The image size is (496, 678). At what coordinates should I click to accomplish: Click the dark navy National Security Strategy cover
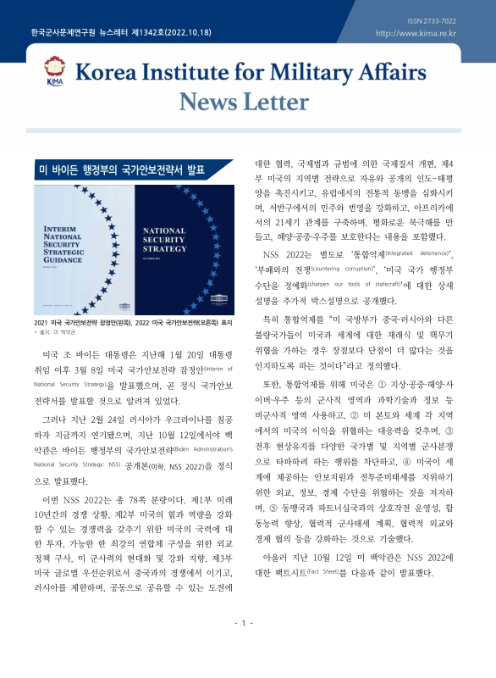click(x=181, y=245)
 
